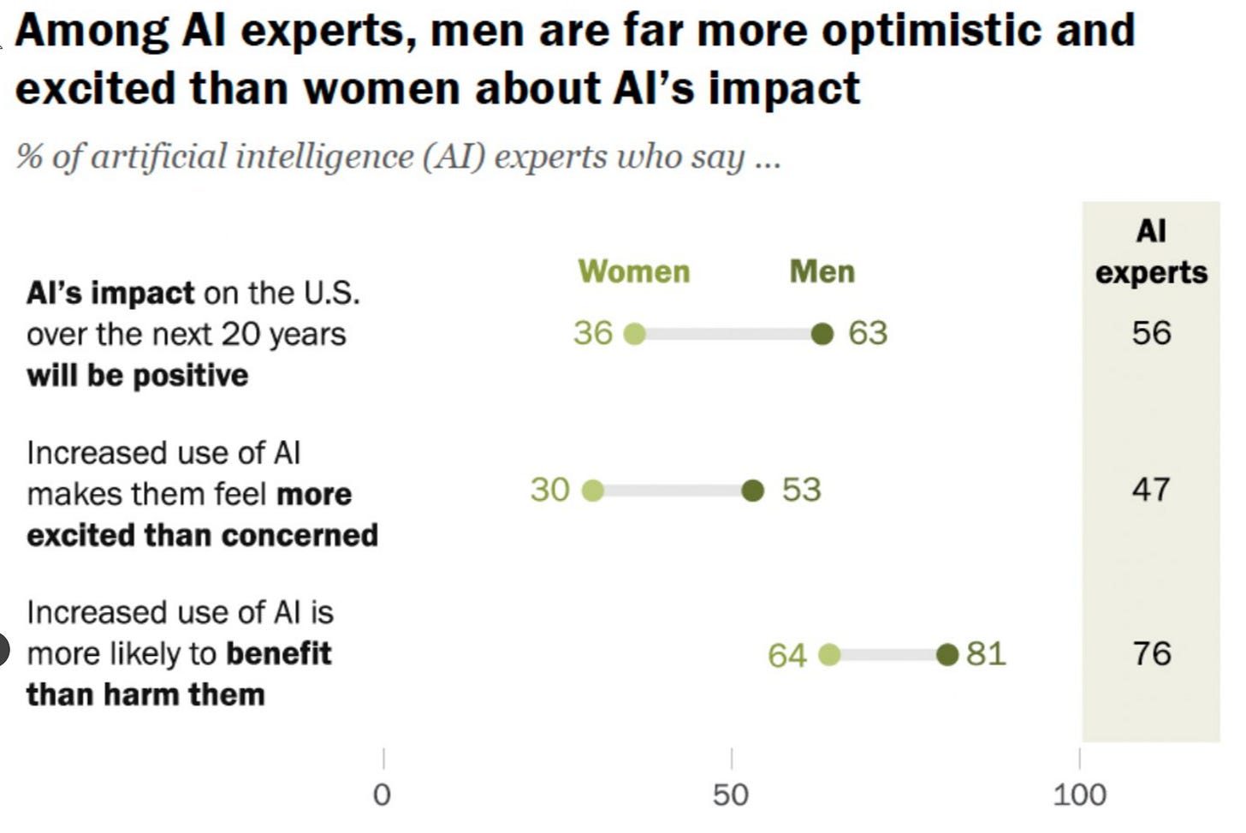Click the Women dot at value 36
point(634,334)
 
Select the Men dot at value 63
point(822,334)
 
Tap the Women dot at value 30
point(592,491)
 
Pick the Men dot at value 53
point(753,491)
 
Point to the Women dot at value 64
point(829,655)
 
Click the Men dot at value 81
point(947,655)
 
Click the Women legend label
point(634,271)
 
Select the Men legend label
point(822,271)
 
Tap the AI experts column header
point(1151,252)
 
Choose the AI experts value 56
point(1151,333)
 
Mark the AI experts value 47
point(1151,490)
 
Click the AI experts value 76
point(1151,654)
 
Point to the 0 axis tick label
point(383,795)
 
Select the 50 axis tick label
point(731,795)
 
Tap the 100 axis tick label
point(1079,795)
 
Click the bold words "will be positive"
point(138,376)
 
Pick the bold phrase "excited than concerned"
point(203,535)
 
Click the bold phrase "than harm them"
point(145,694)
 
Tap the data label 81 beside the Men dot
point(986,654)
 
